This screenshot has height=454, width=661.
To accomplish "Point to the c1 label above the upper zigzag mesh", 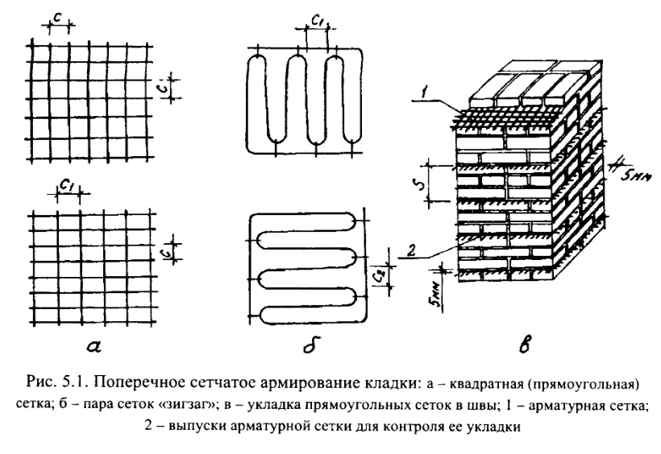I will (x=314, y=23).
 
